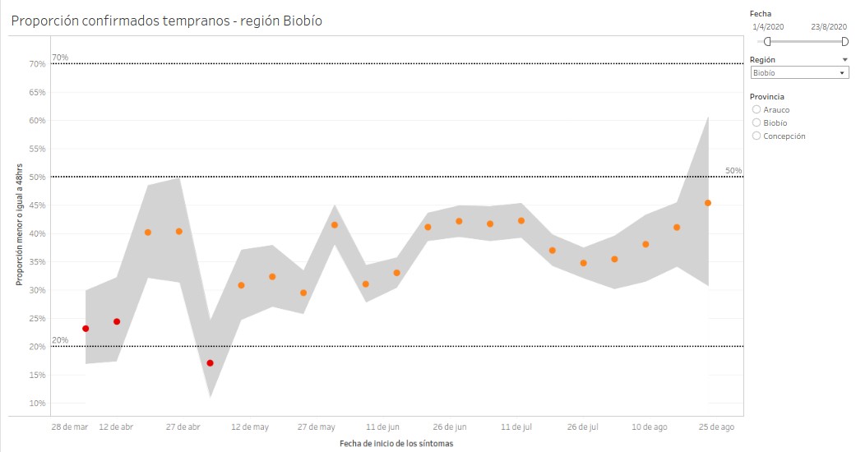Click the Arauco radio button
point(757,109)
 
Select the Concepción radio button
point(757,136)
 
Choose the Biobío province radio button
point(757,122)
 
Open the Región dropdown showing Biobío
point(799,72)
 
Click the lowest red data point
point(211,363)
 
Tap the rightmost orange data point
point(708,203)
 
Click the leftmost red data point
point(86,329)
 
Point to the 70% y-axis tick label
point(37,64)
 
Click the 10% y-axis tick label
point(37,404)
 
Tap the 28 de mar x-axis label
point(70,427)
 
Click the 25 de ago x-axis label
point(717,427)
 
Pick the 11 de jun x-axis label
point(382,427)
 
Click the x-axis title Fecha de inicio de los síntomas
point(396,444)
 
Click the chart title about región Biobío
point(166,21)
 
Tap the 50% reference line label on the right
point(733,170)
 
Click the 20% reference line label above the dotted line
point(60,339)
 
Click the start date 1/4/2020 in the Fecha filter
point(769,27)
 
